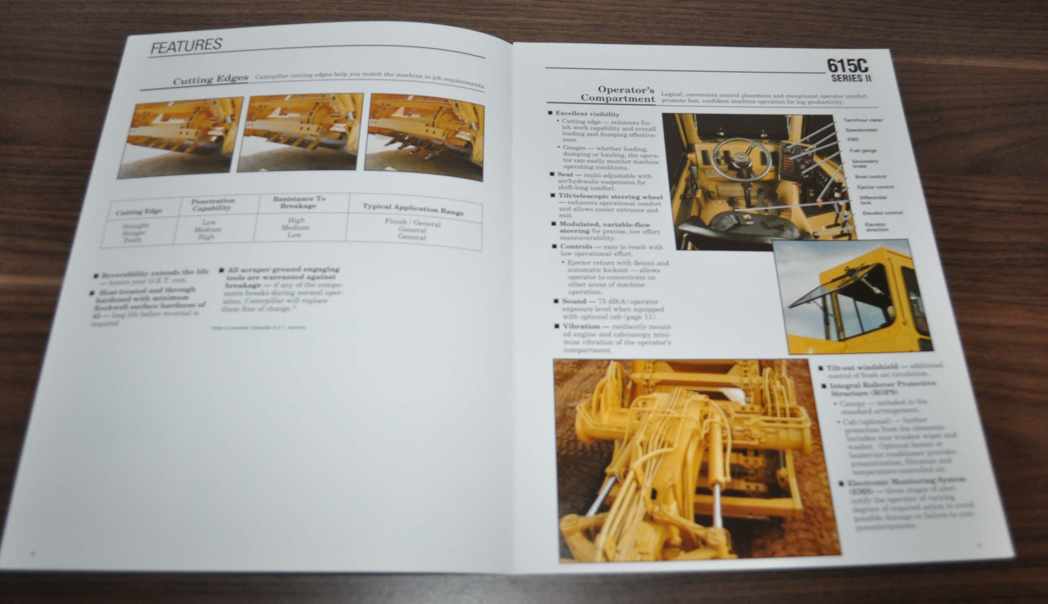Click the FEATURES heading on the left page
(186, 46)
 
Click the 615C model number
(847, 66)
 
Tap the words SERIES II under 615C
(851, 78)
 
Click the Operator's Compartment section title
(618, 94)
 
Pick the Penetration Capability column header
(213, 204)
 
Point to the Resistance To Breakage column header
(299, 202)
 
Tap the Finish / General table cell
(412, 223)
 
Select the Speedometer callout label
(861, 130)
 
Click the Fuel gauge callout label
(863, 150)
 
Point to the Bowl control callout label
(870, 177)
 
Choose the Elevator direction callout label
(876, 227)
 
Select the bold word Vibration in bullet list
(581, 327)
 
